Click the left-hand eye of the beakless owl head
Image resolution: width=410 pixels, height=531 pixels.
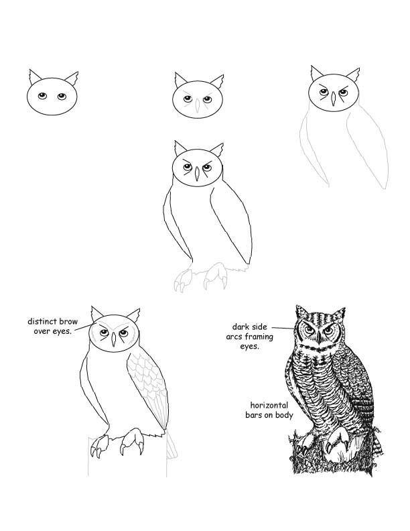pyautogui.click(x=42, y=96)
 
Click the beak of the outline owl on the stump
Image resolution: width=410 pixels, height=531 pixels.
pyautogui.click(x=114, y=341)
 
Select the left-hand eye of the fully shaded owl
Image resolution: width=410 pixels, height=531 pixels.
pyautogui.click(x=307, y=331)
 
